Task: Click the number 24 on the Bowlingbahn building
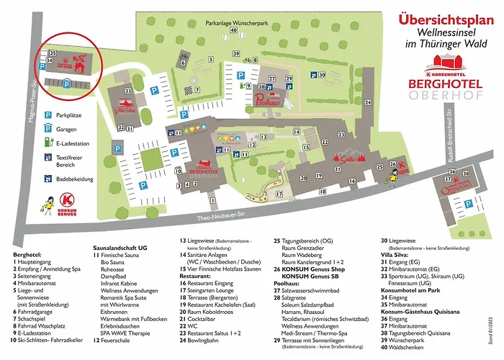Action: pyautogui.click(x=367, y=103)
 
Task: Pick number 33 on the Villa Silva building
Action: pyautogui.click(x=127, y=91)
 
